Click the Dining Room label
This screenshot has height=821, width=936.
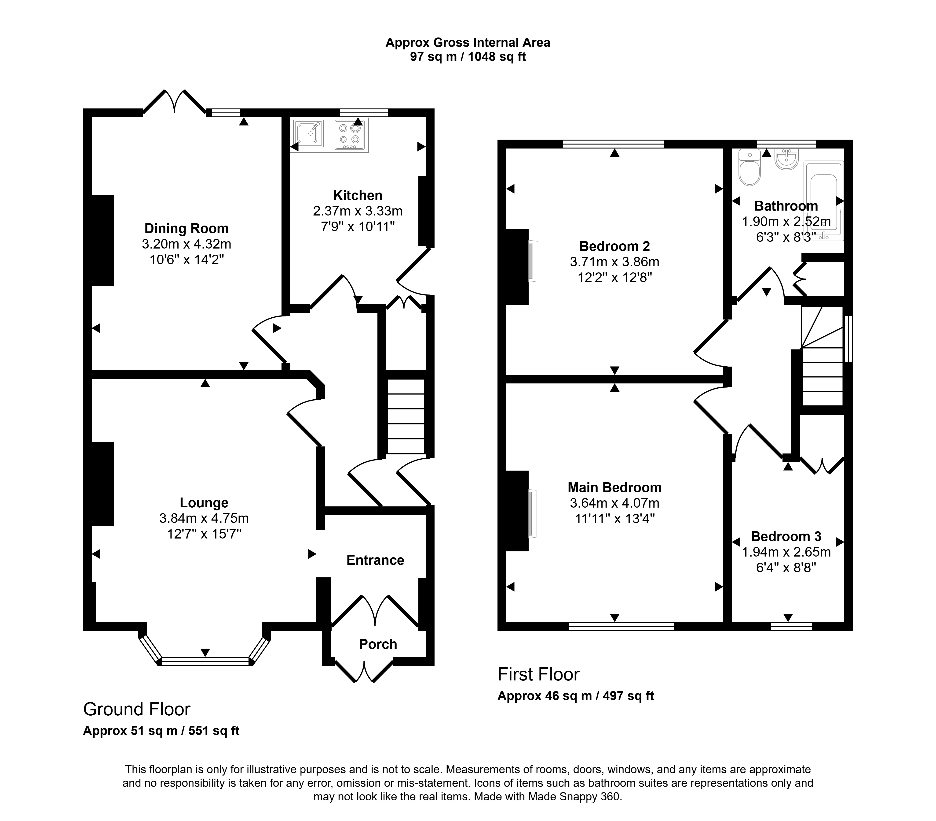(x=186, y=228)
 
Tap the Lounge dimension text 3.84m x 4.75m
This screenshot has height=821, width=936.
(x=204, y=518)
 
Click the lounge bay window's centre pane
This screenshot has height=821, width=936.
(x=205, y=661)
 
